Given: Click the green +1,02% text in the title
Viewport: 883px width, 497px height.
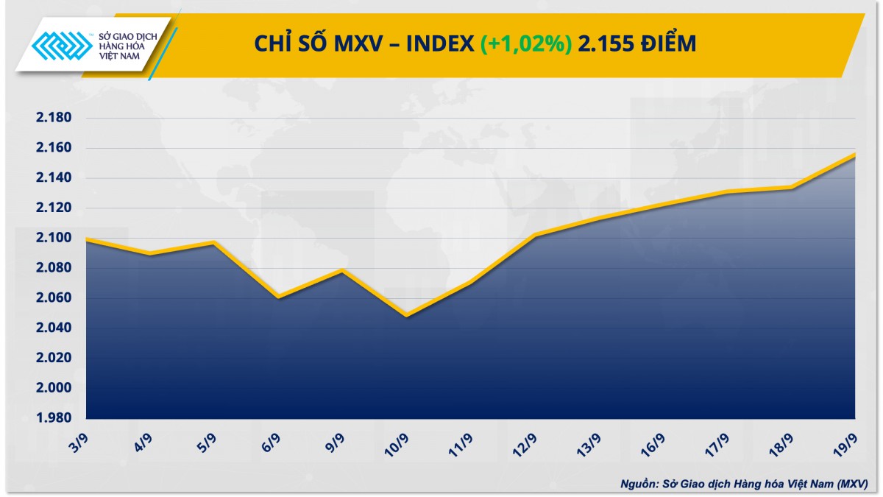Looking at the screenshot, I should pyautogui.click(x=525, y=44).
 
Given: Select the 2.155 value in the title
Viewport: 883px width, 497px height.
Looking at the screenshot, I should pyautogui.click(x=605, y=44).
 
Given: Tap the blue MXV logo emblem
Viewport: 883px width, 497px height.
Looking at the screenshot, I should pyautogui.click(x=64, y=49).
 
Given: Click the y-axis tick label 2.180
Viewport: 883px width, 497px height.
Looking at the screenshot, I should pyautogui.click(x=52, y=118).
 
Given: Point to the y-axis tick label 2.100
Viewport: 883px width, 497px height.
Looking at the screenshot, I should pyautogui.click(x=52, y=238).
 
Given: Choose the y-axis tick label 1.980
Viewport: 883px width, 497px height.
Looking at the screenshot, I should pyautogui.click(x=52, y=418).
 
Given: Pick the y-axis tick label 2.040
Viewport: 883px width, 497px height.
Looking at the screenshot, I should pyautogui.click(x=52, y=328).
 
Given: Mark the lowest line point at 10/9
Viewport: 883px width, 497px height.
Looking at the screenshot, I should pyautogui.click(x=406, y=316).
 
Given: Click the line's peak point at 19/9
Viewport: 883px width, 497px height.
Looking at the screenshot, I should pyautogui.click(x=854, y=154).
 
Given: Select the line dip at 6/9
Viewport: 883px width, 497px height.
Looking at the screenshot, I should pyautogui.click(x=278, y=297).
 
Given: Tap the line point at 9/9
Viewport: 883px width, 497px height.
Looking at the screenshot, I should pyautogui.click(x=342, y=270).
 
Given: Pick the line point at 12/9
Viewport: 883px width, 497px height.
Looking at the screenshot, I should pyautogui.click(x=534, y=235).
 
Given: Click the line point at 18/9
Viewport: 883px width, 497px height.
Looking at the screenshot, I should pyautogui.click(x=790, y=187).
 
